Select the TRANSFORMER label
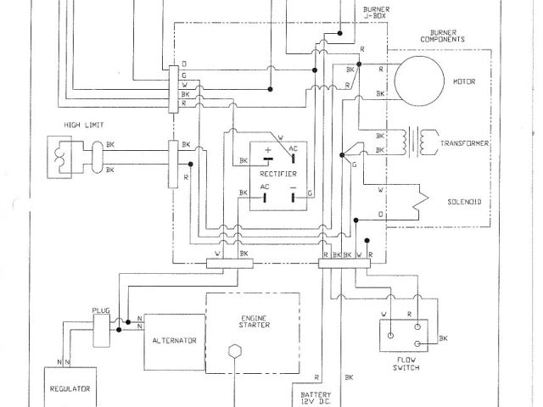point(465,144)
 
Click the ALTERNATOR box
point(174,340)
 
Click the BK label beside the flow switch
point(444,339)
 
